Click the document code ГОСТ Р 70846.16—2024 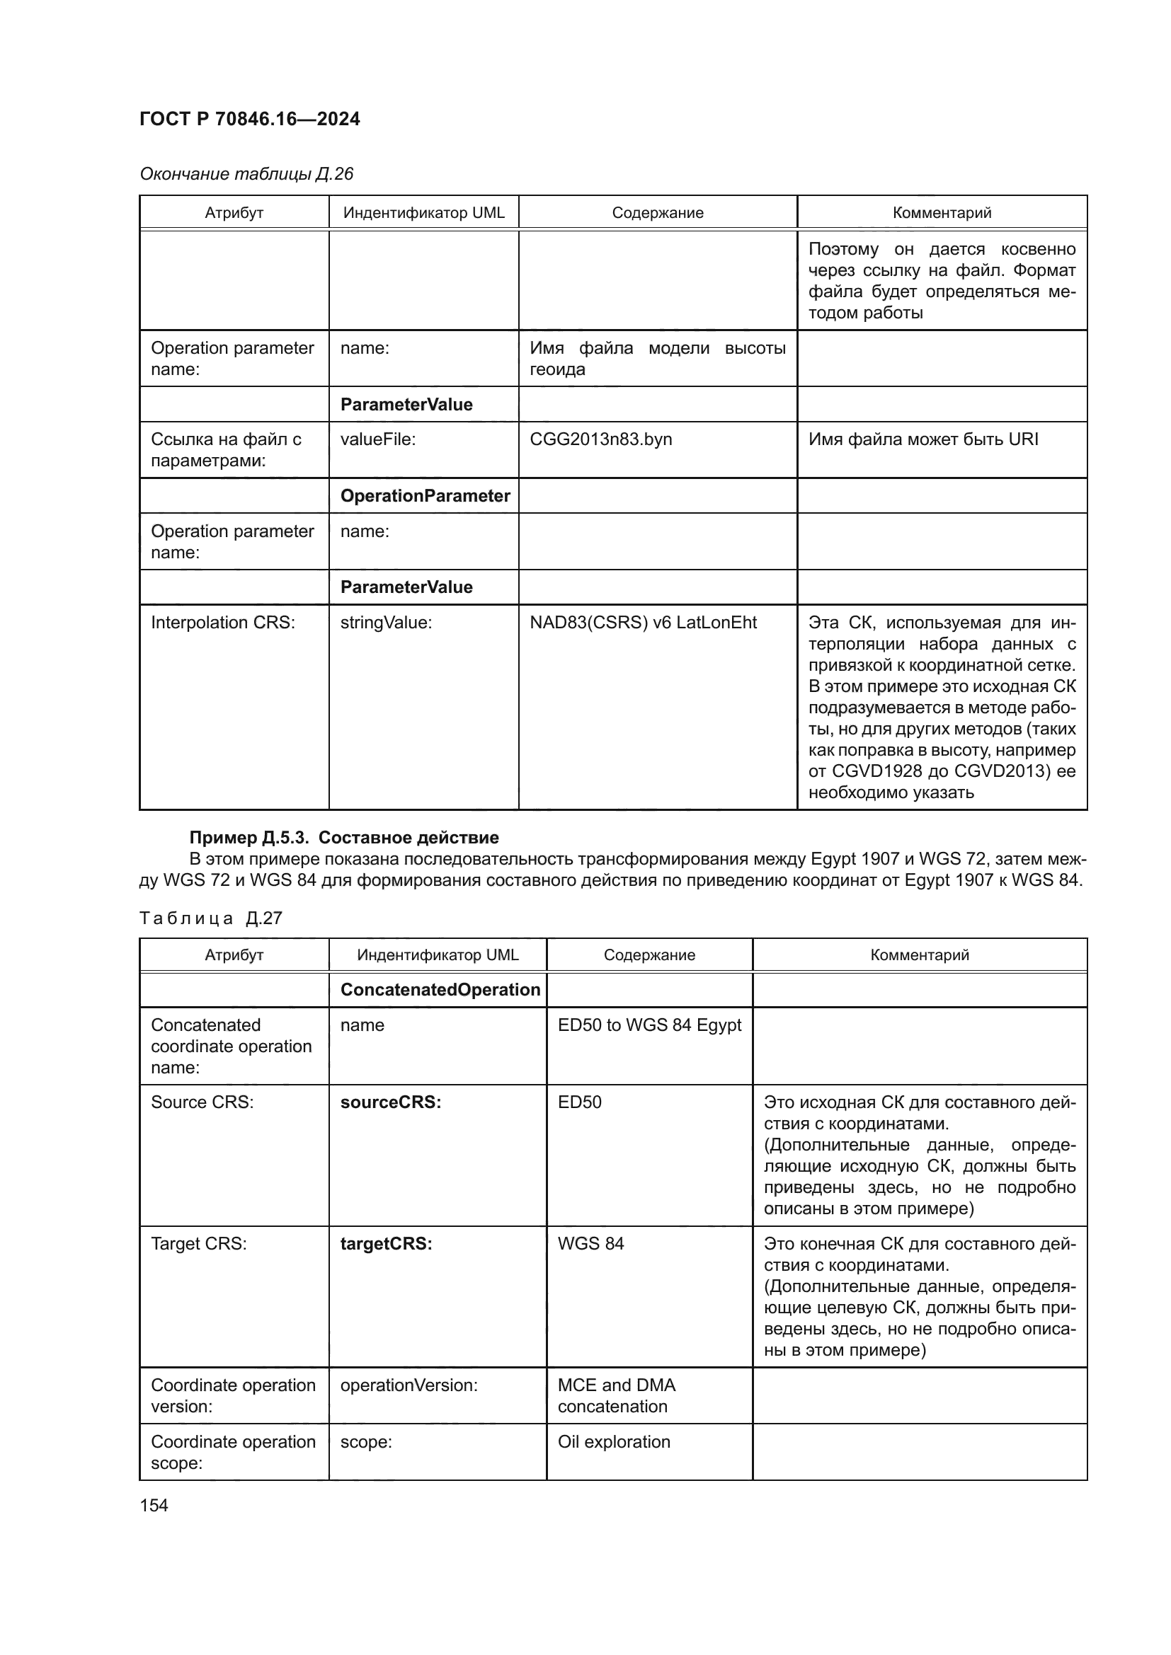pyautogui.click(x=249, y=119)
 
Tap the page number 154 pyautogui.click(x=154, y=1505)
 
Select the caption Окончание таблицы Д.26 pyautogui.click(x=246, y=174)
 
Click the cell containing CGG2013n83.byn pyautogui.click(x=600, y=439)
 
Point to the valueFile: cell pyautogui.click(x=378, y=439)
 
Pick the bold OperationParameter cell pyautogui.click(x=425, y=496)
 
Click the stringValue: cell pyautogui.click(x=386, y=623)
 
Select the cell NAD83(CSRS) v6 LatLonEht pyautogui.click(x=643, y=623)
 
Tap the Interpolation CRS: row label pyautogui.click(x=223, y=623)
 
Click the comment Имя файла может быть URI pyautogui.click(x=923, y=439)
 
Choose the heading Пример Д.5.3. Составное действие pyautogui.click(x=344, y=838)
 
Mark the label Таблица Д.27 pyautogui.click(x=210, y=918)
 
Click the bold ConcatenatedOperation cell pyautogui.click(x=440, y=990)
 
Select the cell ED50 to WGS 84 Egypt pyautogui.click(x=649, y=1025)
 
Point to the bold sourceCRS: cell pyautogui.click(x=390, y=1102)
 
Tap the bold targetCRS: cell pyautogui.click(x=386, y=1243)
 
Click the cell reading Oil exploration pyautogui.click(x=614, y=1441)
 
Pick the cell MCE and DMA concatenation pyautogui.click(x=617, y=1395)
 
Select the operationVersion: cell pyautogui.click(x=409, y=1385)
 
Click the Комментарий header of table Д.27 pyautogui.click(x=920, y=955)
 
